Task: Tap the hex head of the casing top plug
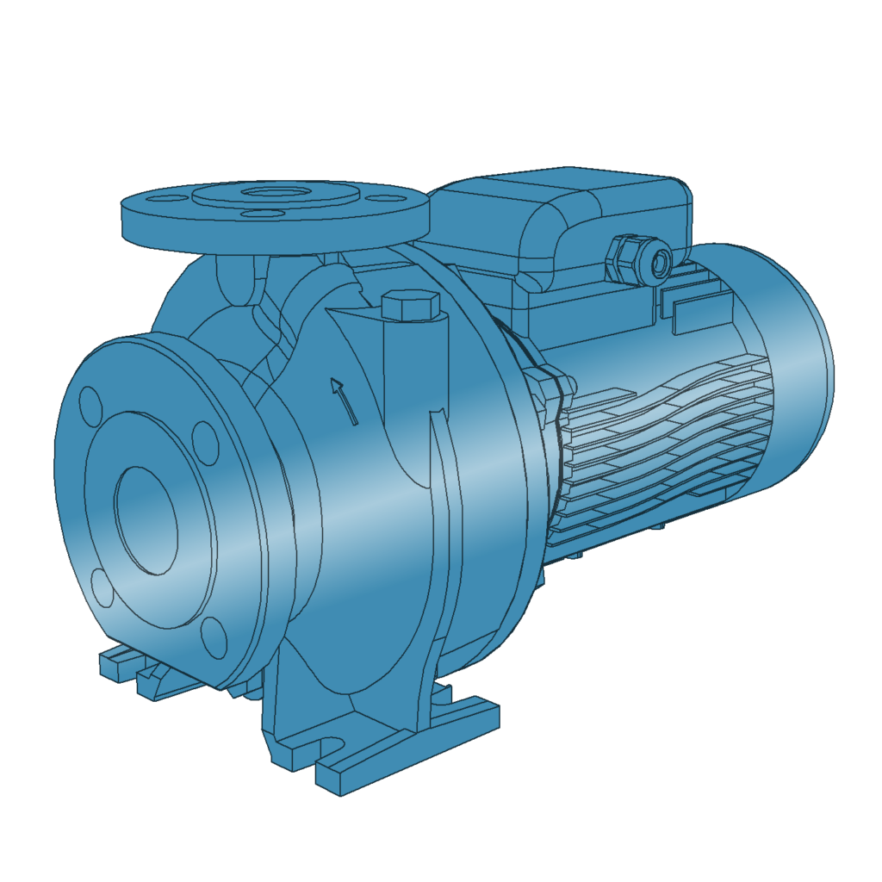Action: tap(409, 305)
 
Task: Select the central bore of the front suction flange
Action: tap(146, 520)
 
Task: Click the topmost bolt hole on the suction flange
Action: tap(90, 403)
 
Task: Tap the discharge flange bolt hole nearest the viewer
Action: tap(256, 212)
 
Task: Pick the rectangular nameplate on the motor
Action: tap(701, 311)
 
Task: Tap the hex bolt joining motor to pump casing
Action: tap(548, 379)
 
